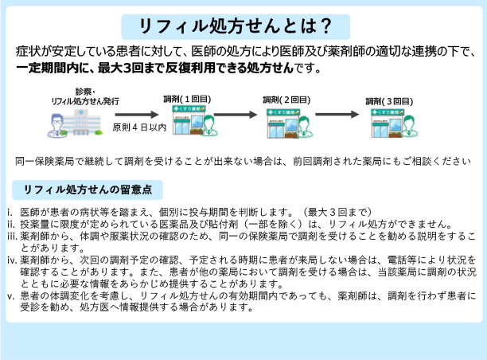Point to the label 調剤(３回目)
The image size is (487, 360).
389,101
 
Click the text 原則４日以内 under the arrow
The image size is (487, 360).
139,127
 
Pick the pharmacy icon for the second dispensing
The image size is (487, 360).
287,123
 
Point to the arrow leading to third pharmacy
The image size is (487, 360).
341,112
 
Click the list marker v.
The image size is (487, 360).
11,295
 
